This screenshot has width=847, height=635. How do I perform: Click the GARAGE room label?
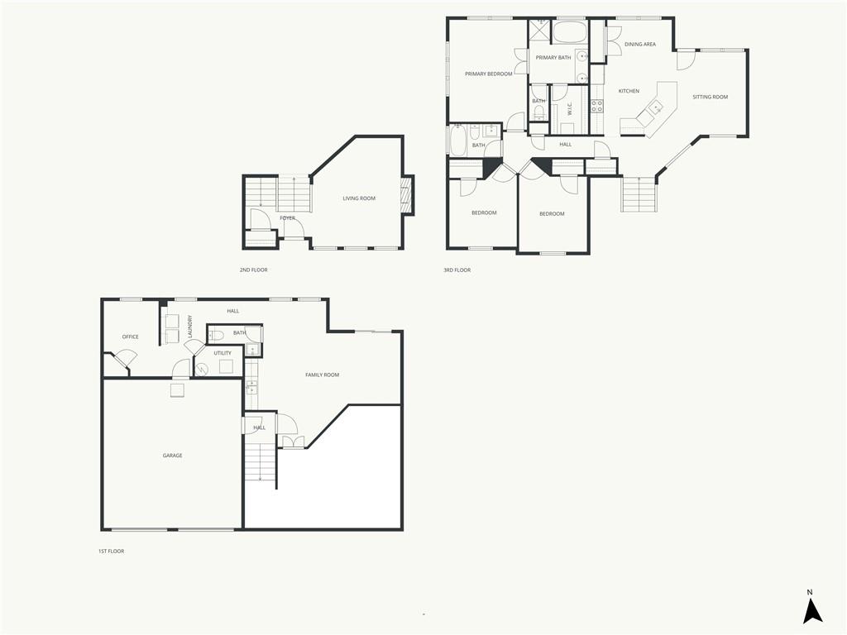(172, 456)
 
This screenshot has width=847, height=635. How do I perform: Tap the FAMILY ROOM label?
(322, 375)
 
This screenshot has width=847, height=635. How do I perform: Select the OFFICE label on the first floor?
(130, 337)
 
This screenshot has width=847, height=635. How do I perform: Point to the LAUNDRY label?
(189, 327)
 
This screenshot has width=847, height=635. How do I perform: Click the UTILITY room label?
(222, 353)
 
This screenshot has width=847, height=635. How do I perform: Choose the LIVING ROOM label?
(359, 198)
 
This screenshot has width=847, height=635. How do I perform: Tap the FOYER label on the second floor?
(287, 218)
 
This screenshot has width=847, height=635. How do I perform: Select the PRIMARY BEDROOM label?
(488, 74)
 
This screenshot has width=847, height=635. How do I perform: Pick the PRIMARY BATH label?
(553, 57)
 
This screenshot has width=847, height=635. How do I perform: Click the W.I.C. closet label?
(569, 110)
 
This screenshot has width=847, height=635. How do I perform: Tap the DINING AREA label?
(640, 45)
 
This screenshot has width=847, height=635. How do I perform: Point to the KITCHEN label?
(629, 91)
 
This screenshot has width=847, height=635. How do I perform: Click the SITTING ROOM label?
(711, 98)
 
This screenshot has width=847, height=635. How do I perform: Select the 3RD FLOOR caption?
(457, 270)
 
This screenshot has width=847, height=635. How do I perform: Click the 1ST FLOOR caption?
(112, 551)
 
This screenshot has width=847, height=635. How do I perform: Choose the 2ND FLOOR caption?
(253, 270)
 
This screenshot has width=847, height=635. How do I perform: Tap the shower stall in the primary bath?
(538, 31)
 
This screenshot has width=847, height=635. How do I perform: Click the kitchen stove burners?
(597, 106)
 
